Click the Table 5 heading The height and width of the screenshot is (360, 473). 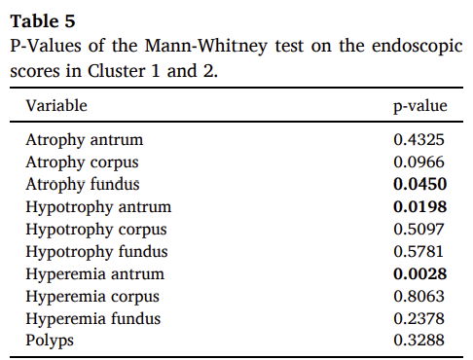point(43,21)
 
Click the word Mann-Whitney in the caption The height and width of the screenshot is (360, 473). point(205,46)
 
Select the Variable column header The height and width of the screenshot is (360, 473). point(56,106)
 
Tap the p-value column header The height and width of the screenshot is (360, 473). point(420,106)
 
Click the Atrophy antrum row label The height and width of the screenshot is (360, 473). point(85,140)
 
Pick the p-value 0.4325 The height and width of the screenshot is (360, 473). point(418,140)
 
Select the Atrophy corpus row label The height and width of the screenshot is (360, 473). point(82,162)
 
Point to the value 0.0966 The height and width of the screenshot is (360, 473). point(418,162)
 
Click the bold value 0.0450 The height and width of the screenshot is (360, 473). point(420,184)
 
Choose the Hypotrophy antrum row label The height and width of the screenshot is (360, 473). point(98,207)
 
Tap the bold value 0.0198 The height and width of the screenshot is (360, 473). point(420,207)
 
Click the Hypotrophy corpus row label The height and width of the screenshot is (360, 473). point(96,230)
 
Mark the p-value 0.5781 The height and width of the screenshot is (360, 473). point(418,252)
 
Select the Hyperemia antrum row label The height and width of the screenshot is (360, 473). point(95,274)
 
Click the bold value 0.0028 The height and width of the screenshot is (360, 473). point(420,274)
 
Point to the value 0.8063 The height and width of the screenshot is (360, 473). point(418,297)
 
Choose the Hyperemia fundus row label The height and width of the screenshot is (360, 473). point(93,319)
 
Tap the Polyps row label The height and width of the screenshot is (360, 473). point(50,342)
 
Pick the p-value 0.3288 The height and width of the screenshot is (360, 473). point(418,341)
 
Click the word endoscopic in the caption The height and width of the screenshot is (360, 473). point(418,46)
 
